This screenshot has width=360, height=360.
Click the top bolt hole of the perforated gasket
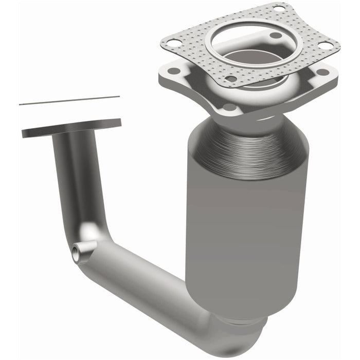point(278,8)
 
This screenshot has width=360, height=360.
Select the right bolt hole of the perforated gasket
point(325,45)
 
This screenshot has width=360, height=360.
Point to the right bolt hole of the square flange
point(323,72)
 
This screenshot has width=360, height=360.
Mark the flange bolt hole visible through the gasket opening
point(276,35)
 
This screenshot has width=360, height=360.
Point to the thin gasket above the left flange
point(69,100)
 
